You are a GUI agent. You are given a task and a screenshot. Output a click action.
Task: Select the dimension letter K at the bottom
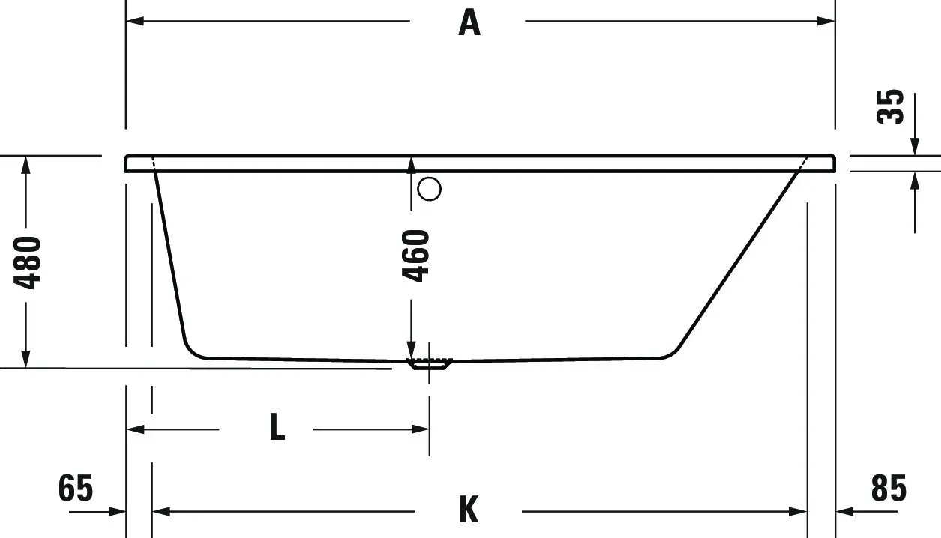(468, 511)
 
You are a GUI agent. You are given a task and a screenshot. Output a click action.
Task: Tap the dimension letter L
(277, 429)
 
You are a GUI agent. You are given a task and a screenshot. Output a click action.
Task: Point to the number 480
(28, 262)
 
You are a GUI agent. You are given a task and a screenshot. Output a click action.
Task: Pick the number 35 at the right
(890, 106)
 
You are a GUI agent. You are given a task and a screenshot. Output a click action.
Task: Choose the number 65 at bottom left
(76, 489)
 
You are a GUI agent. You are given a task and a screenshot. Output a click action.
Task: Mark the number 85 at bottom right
(889, 489)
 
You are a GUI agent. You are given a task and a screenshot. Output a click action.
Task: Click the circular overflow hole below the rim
(430, 189)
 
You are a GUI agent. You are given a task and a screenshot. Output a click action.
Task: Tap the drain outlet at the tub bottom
(429, 365)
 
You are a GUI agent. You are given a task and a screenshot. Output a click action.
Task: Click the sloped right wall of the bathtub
(739, 259)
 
